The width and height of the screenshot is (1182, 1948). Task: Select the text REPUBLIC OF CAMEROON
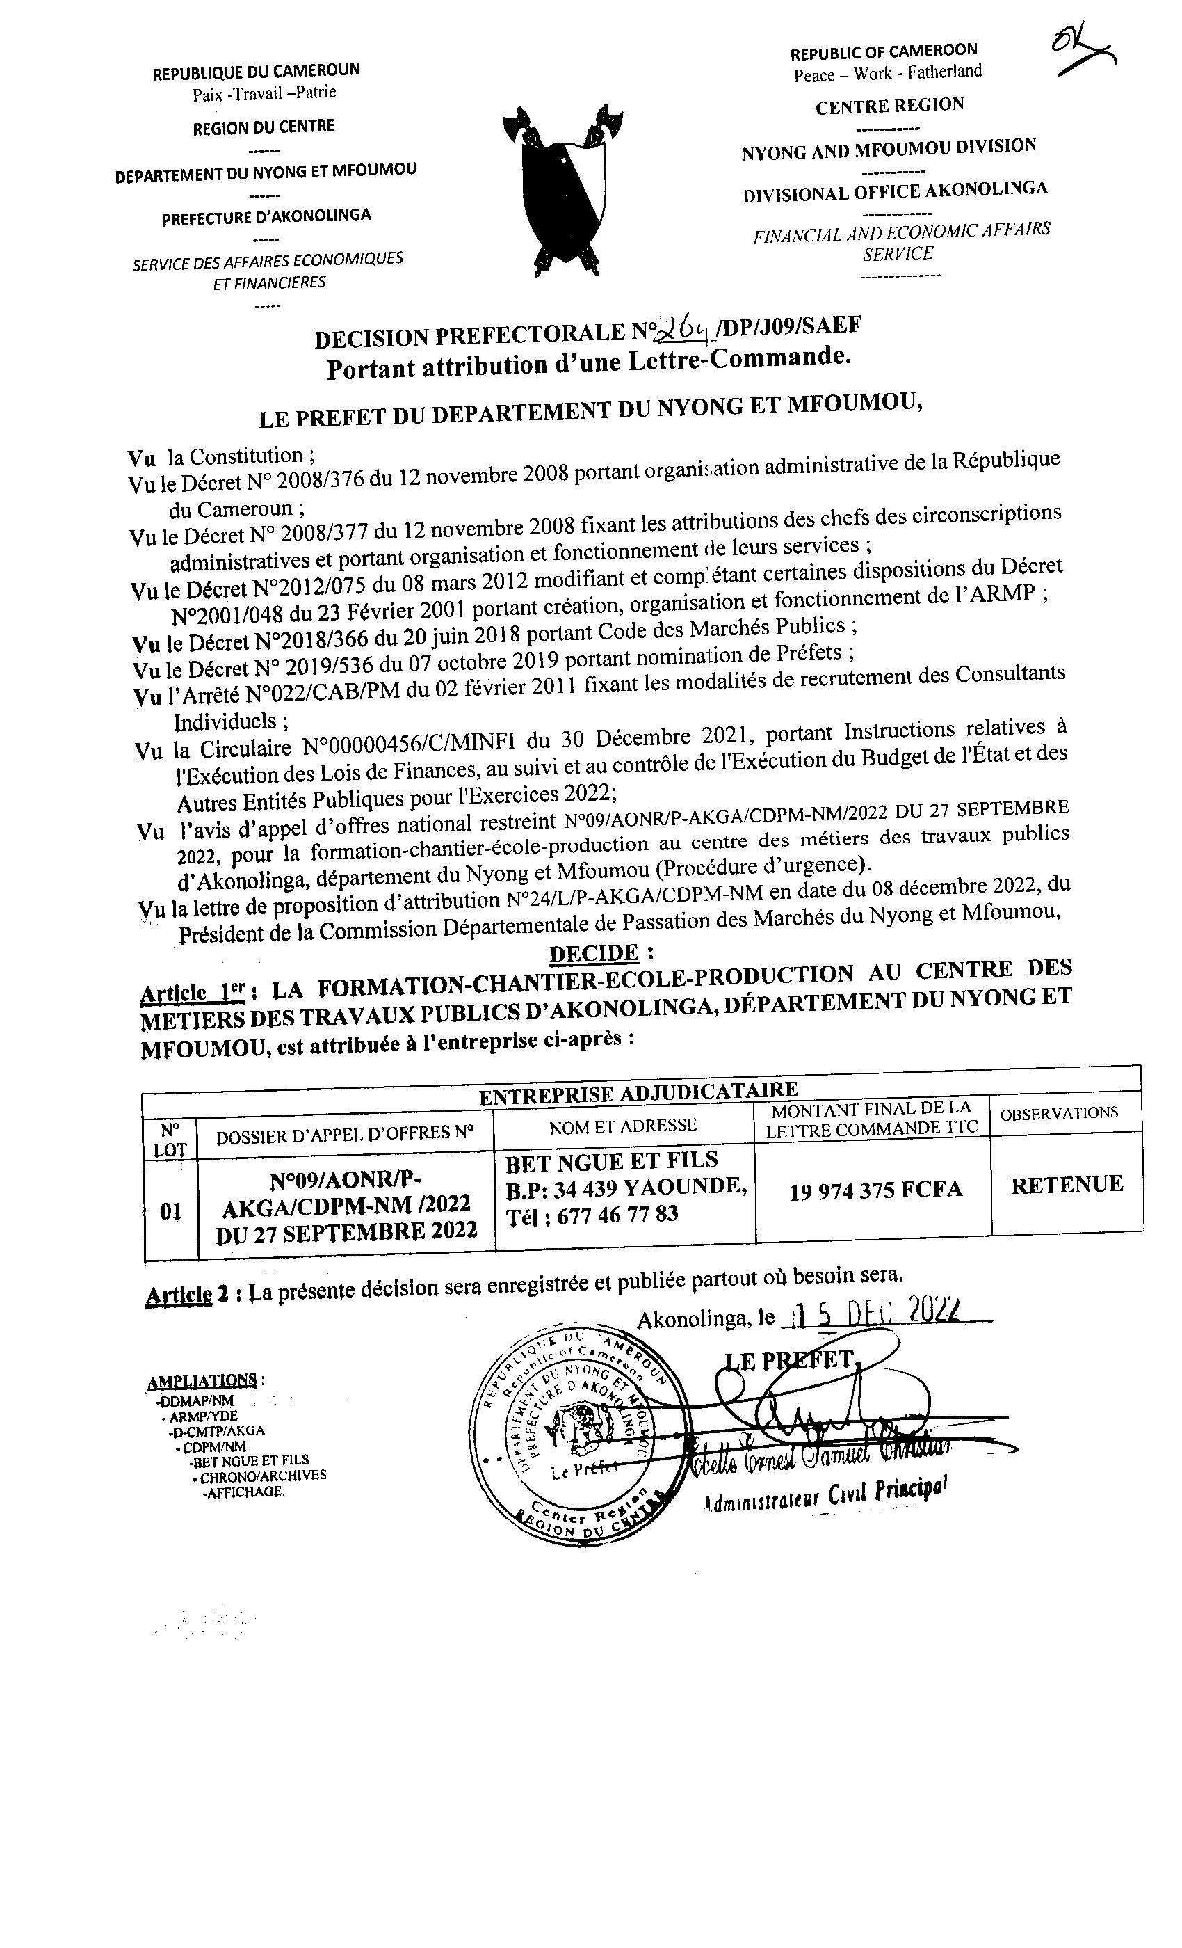click(883, 53)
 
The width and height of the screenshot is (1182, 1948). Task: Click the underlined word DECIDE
click(594, 953)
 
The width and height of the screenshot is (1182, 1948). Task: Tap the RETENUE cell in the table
click(1067, 1184)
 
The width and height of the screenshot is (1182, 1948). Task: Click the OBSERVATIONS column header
click(1059, 1113)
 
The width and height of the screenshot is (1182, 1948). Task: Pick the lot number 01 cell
click(170, 1211)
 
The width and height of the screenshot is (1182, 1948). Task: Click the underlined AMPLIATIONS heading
click(202, 1381)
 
